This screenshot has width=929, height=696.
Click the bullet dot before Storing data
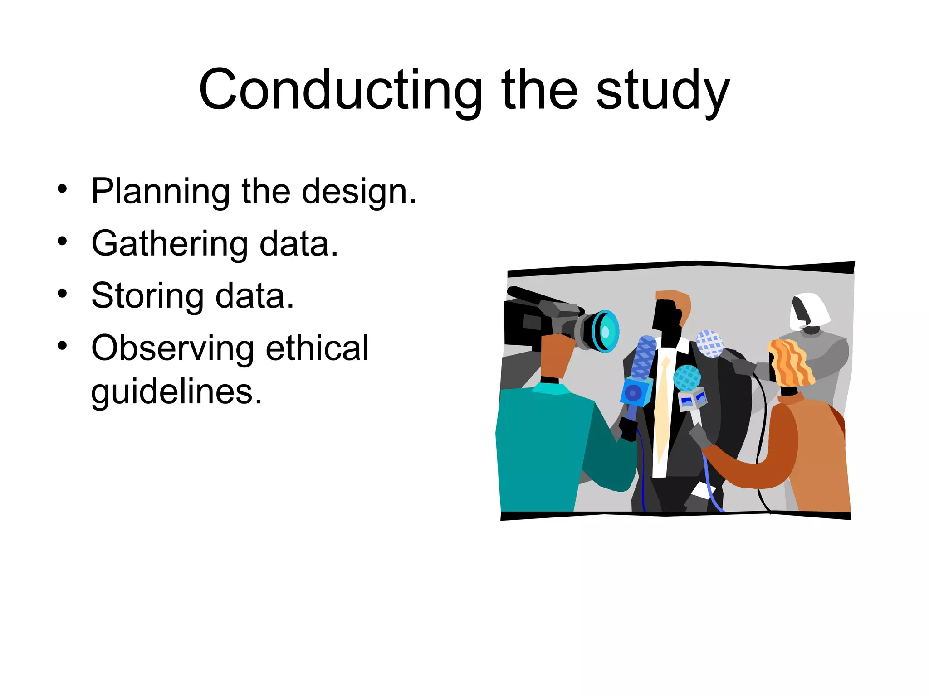[x=62, y=294]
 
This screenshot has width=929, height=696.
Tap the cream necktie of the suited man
[x=662, y=408]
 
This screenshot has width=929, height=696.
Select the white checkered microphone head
[x=709, y=343]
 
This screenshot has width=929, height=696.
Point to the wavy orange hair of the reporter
[x=790, y=362]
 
